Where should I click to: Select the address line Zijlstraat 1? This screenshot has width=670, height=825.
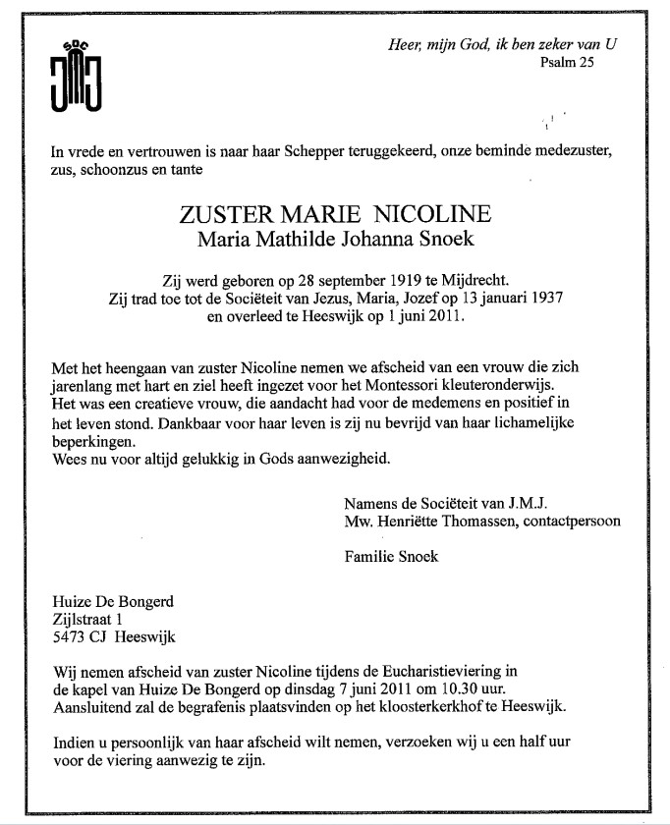coord(88,620)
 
